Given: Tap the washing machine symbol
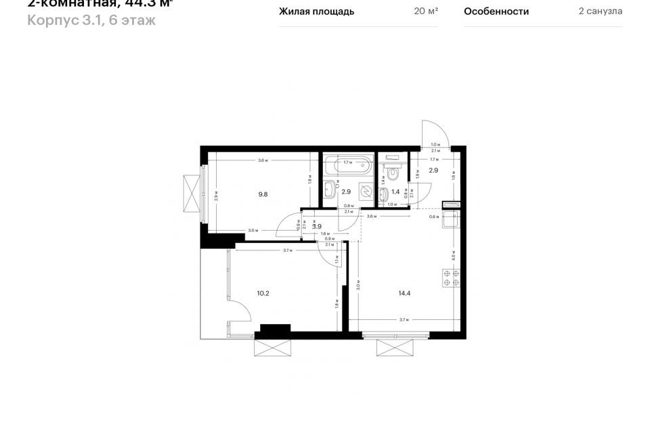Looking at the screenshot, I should click(x=365, y=191).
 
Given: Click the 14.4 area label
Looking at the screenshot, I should click(x=405, y=294).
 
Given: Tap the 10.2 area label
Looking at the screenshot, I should click(x=263, y=294).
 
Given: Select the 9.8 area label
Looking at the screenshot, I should click(x=263, y=194).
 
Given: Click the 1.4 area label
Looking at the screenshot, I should click(x=395, y=192).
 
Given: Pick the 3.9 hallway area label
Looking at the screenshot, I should click(x=316, y=227).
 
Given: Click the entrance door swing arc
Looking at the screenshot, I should click(x=431, y=132).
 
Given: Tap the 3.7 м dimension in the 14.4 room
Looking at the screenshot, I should click(x=404, y=320).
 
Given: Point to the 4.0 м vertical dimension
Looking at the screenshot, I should click(x=453, y=256).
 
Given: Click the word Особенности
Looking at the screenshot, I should click(x=496, y=12).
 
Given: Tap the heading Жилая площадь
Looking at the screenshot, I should click(x=316, y=12).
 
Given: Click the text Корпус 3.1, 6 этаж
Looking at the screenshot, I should click(x=91, y=20).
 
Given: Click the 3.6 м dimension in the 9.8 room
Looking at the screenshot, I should click(x=263, y=160).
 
